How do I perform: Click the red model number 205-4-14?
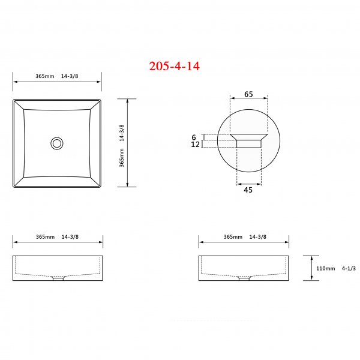[x=174, y=66]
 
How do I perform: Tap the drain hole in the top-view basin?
[x=57, y=143]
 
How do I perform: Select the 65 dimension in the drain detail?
[x=248, y=95]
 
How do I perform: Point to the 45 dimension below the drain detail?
[x=248, y=190]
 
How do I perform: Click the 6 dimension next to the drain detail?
[x=194, y=137]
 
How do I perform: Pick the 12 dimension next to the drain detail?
[x=194, y=145]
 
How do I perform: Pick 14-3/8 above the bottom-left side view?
[x=71, y=237]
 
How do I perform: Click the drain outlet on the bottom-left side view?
[x=58, y=278]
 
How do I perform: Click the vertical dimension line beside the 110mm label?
[x=310, y=268]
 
